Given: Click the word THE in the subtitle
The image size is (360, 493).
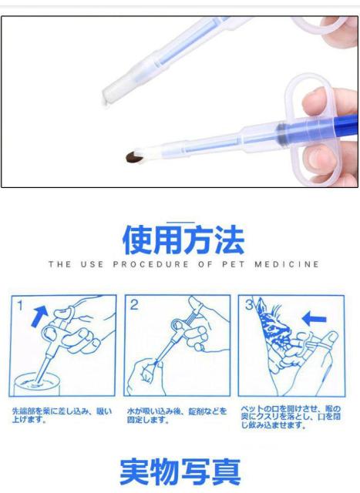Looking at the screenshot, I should point(58,265).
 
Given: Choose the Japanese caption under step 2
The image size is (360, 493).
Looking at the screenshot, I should point(177,414).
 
